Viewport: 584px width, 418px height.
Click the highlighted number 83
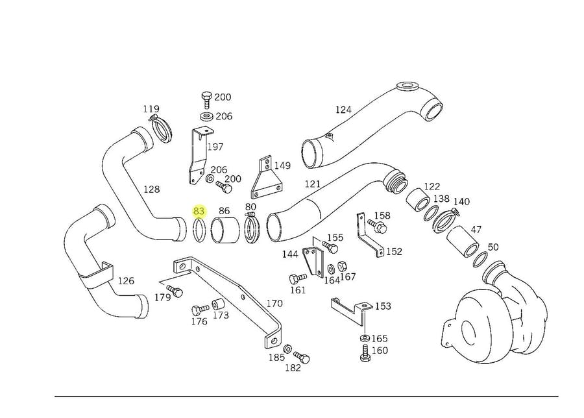pyautogui.click(x=199, y=211)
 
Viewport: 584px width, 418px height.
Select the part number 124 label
pyautogui.click(x=343, y=110)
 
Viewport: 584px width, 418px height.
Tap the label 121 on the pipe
pyautogui.click(x=313, y=184)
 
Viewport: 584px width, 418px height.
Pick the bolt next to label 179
pyautogui.click(x=174, y=288)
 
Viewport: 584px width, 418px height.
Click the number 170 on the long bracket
pyautogui.click(x=274, y=303)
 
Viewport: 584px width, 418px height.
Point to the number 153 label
pyautogui.click(x=383, y=306)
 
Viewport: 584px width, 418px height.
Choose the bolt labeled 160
pyautogui.click(x=363, y=354)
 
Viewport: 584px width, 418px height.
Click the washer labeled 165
pyautogui.click(x=363, y=339)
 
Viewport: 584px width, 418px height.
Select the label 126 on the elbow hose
pyautogui.click(x=126, y=281)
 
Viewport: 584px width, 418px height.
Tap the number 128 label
pyautogui.click(x=151, y=189)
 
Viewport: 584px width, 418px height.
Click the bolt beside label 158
pyautogui.click(x=377, y=227)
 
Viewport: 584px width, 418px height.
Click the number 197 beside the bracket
pyautogui.click(x=215, y=147)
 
